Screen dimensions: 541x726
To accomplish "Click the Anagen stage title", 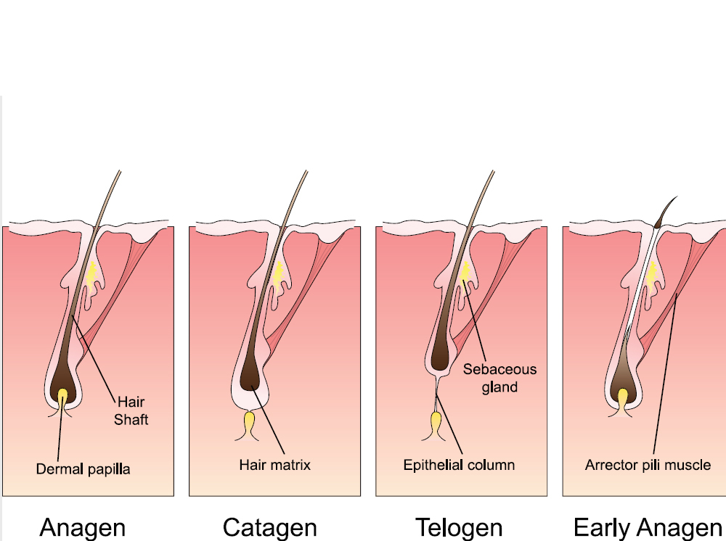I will point(82,527).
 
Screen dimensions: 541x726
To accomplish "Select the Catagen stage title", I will point(269,527).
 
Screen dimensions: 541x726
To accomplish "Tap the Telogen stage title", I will point(458,527).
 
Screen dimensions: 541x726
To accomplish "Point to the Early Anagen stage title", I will point(648,527).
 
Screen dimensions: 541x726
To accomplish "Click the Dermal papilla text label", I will point(83,468).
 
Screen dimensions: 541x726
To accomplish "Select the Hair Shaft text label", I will point(131,410).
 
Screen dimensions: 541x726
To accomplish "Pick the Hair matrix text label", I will point(275,464).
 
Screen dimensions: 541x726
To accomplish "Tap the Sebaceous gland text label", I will point(499,378).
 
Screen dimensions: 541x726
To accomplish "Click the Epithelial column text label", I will point(460,464).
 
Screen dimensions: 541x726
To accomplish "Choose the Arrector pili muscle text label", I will point(648,464).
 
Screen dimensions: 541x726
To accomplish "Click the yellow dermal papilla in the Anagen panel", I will point(63,396).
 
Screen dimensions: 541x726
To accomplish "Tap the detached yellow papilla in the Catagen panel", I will point(250,421).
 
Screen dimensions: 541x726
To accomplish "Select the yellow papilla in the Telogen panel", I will point(437,422).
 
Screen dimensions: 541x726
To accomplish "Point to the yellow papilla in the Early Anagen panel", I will point(624,397).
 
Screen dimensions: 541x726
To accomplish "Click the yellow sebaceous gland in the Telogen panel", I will point(464,274).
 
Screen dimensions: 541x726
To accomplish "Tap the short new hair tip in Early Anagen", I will point(667,208).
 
